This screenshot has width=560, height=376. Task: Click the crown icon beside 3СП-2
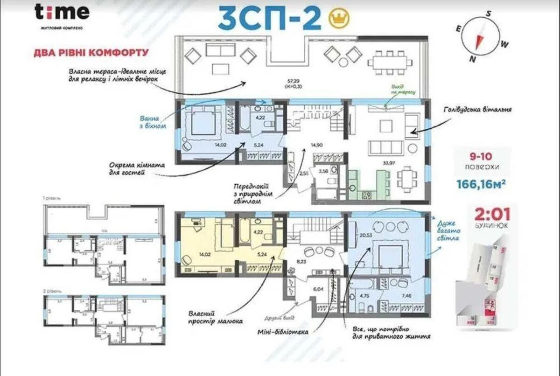(339, 18)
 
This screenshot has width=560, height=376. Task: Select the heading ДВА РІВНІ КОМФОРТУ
(91, 51)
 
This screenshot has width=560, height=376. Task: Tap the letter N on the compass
(472, 59)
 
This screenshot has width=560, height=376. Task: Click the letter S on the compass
(488, 13)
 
